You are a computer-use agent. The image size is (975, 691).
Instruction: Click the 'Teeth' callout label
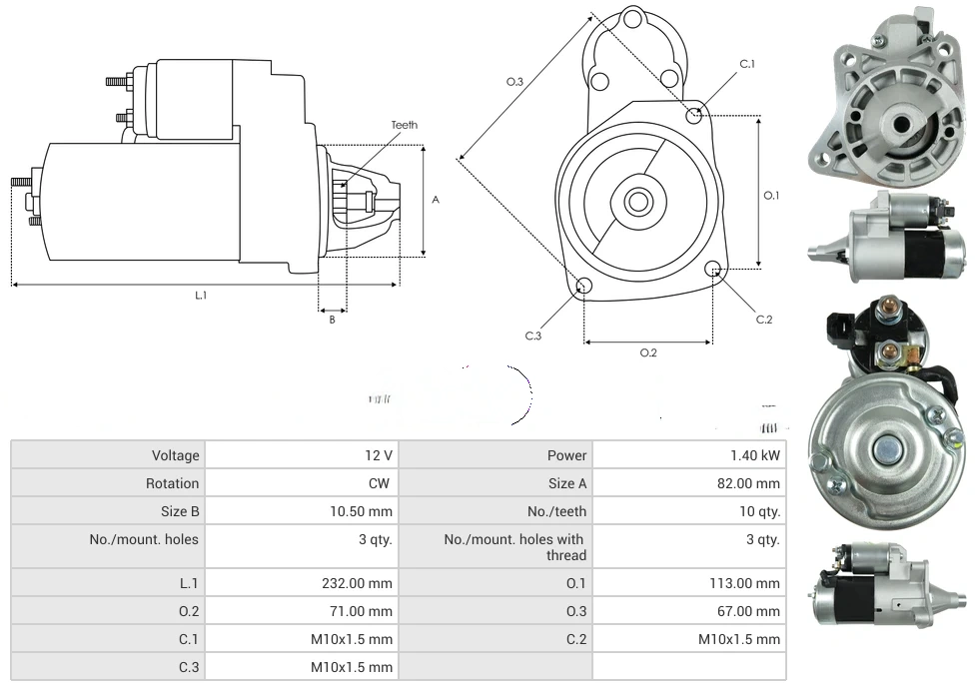coord(405,125)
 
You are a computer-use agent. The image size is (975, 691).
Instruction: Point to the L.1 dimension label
coord(201,295)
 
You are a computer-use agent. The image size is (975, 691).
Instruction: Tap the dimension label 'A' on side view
coord(436,200)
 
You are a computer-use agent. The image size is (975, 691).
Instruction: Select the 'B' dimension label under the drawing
coord(333,320)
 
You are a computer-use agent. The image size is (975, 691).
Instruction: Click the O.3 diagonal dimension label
coord(515,82)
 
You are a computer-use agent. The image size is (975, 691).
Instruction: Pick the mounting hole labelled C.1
coord(694,116)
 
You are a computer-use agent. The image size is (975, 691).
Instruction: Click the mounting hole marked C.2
coord(713,270)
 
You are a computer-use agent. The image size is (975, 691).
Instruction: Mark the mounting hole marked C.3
coord(585,288)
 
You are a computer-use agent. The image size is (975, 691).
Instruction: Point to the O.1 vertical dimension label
coord(771,196)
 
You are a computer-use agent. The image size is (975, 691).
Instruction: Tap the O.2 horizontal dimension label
coord(648,352)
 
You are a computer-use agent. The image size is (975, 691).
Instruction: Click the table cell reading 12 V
coord(378,455)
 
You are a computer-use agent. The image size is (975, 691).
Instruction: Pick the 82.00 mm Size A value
coord(749,483)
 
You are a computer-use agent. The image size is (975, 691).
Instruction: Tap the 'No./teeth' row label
coord(557,511)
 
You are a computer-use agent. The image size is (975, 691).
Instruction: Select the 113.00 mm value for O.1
coord(744,583)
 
